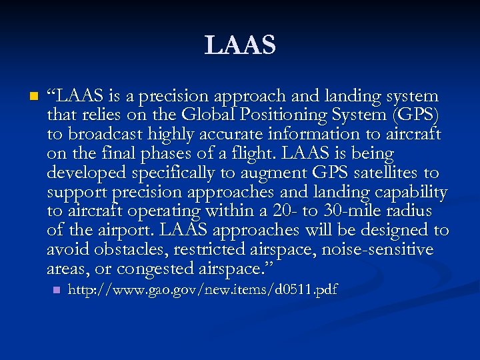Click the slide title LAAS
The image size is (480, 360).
(x=240, y=45)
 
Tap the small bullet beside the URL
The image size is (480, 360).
(x=57, y=291)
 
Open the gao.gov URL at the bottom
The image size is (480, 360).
(x=203, y=290)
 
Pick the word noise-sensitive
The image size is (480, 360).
(x=377, y=250)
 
